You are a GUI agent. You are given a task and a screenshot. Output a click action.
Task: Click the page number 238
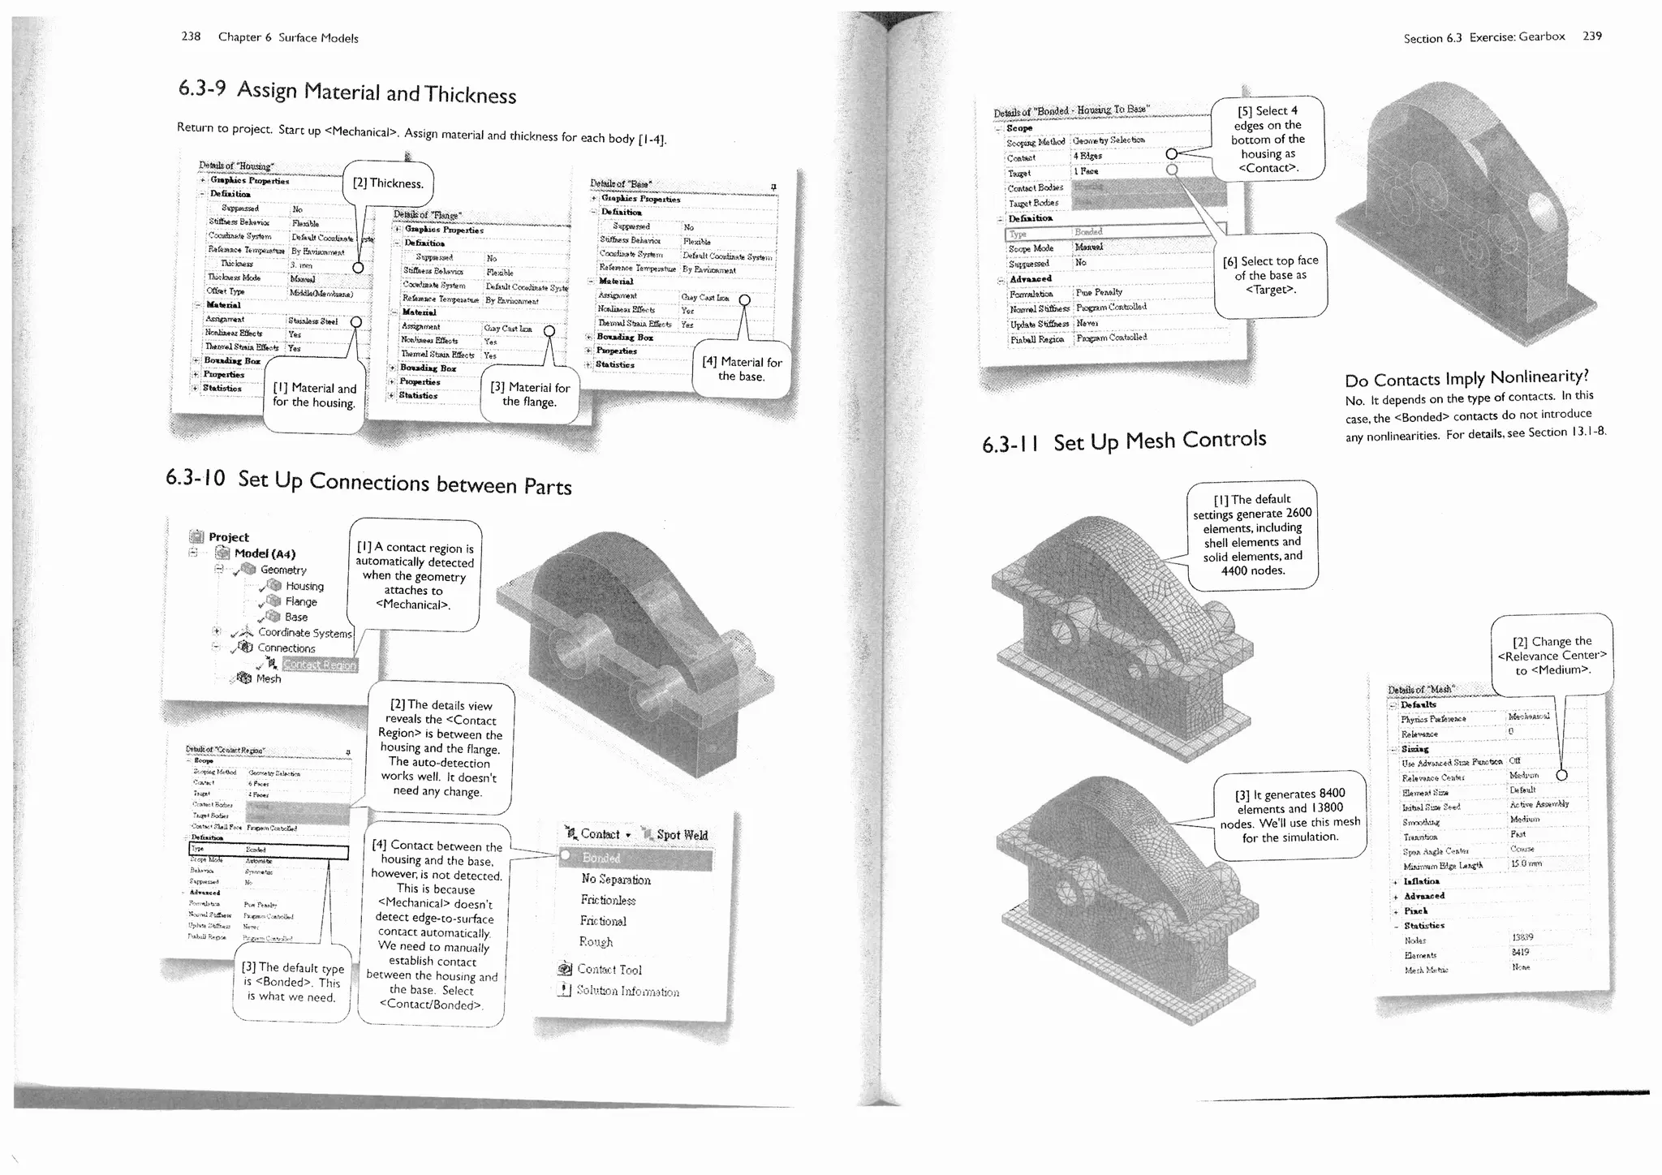(191, 37)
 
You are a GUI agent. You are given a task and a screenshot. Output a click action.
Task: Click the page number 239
(1591, 36)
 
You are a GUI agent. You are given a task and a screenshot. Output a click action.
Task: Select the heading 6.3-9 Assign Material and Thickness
(347, 91)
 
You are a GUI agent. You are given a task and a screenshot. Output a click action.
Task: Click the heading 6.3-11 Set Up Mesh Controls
(1124, 441)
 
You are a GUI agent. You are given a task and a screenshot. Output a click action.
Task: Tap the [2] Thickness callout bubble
(388, 183)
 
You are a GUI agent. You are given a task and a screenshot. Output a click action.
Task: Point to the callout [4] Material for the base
(742, 368)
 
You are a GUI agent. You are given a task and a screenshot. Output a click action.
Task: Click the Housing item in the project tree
(304, 586)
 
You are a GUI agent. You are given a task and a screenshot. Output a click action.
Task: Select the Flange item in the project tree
(300, 601)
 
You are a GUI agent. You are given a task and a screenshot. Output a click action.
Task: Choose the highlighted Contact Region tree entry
(319, 665)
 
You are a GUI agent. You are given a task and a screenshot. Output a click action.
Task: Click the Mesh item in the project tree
(268, 678)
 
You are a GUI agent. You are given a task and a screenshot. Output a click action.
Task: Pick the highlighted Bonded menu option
(601, 858)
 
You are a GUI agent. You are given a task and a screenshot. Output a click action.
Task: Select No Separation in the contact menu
(616, 880)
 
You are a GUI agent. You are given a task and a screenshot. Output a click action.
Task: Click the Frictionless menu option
(608, 900)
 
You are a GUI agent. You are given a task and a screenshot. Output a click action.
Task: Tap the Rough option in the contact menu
(596, 941)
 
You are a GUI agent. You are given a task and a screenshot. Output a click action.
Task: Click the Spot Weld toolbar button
(682, 835)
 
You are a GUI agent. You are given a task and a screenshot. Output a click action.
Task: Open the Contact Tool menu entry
(609, 969)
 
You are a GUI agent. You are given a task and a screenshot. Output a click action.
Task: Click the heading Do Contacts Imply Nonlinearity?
(1466, 378)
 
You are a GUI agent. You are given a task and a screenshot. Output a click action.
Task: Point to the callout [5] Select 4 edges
(1268, 139)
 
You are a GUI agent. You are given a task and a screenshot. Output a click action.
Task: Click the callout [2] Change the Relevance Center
(1552, 655)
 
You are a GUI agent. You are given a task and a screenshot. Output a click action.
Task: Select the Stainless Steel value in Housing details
(313, 321)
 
